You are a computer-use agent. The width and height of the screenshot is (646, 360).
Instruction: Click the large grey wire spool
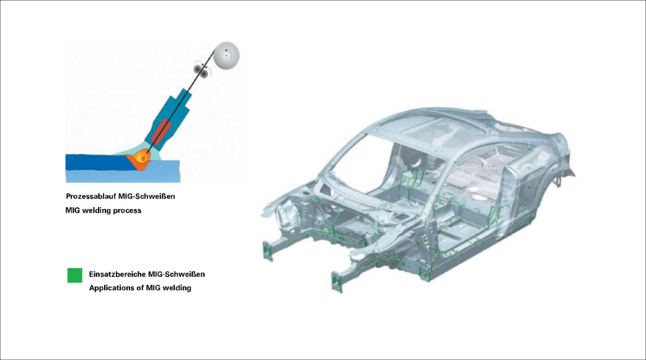226,55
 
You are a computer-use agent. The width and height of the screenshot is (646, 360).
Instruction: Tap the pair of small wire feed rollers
201,70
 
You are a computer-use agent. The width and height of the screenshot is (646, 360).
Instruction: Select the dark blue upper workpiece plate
99,162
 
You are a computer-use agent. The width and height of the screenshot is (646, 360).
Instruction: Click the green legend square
75,275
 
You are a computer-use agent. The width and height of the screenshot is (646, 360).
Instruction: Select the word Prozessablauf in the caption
91,197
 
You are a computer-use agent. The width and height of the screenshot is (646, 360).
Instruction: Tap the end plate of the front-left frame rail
268,250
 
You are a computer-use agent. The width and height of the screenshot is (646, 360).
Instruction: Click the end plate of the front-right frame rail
337,282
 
